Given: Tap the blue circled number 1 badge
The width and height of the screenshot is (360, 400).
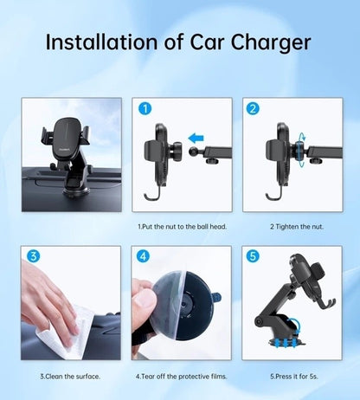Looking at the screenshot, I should (x=145, y=110).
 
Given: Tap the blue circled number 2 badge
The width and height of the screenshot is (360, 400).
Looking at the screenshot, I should (x=252, y=110).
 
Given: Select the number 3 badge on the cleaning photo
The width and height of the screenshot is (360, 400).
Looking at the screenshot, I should (x=33, y=257).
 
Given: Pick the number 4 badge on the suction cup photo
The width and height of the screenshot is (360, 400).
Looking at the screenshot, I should (x=144, y=257).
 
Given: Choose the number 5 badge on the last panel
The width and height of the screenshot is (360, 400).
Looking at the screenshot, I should (x=253, y=257).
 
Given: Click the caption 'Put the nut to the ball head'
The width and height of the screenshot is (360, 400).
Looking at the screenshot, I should (x=181, y=227).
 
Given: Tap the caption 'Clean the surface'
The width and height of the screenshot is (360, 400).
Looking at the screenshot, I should (x=69, y=376).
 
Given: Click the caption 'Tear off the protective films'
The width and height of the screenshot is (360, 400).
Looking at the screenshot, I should (x=181, y=376).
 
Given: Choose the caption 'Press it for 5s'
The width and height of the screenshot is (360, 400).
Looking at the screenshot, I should (x=292, y=376).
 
